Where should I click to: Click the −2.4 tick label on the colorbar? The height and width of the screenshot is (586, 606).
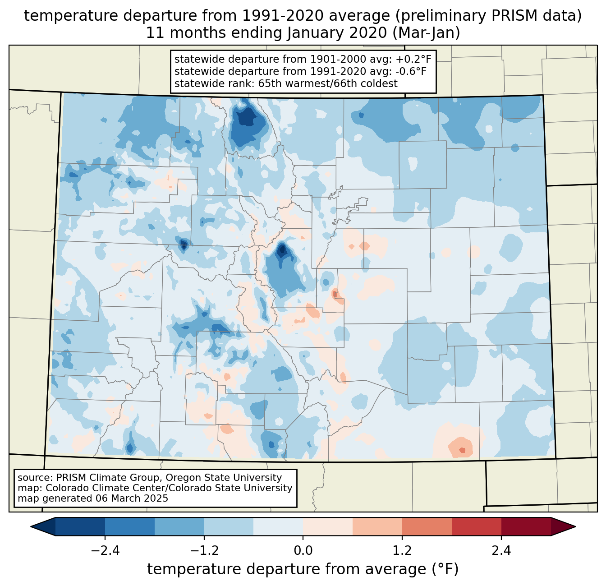(105, 551)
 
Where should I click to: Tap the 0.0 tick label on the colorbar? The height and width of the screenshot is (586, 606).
(303, 551)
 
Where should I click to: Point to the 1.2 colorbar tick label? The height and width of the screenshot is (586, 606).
(402, 551)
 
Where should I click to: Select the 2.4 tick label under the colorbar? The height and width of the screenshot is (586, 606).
(501, 551)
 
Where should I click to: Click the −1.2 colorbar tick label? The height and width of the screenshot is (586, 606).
(204, 551)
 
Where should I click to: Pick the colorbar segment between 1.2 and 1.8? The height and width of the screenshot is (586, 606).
(427, 526)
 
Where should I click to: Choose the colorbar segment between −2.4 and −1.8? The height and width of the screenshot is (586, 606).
(130, 526)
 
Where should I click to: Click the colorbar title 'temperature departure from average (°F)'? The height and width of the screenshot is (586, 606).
(303, 569)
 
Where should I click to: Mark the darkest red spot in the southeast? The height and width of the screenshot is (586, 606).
(462, 450)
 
